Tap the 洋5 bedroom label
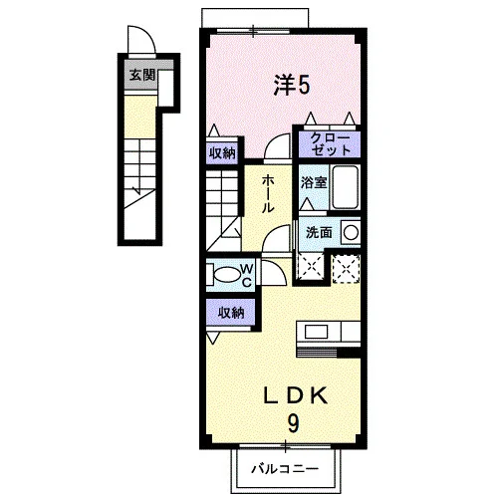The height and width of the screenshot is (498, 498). pos(292,85)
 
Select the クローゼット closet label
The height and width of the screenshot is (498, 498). pos(330,144)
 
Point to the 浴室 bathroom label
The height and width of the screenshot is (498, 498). pos(314,182)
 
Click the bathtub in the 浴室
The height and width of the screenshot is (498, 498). pos(346,187)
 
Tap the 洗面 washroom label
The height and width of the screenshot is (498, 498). pos(319,233)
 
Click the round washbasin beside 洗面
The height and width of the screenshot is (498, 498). pos(351,232)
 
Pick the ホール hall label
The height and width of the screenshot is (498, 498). pos(268,194)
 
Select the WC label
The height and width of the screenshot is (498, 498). pos(247,275)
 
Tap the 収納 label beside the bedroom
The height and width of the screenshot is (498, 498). pos(222,153)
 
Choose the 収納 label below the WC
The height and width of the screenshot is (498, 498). pos(231,313)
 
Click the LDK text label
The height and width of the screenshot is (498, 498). pos(295,395)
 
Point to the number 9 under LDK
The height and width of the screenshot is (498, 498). pos(293,424)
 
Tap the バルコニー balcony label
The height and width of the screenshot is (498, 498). pos(285,469)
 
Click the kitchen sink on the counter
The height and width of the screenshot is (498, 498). pos(317,332)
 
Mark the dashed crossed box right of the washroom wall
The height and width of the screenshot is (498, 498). pos(346,269)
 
